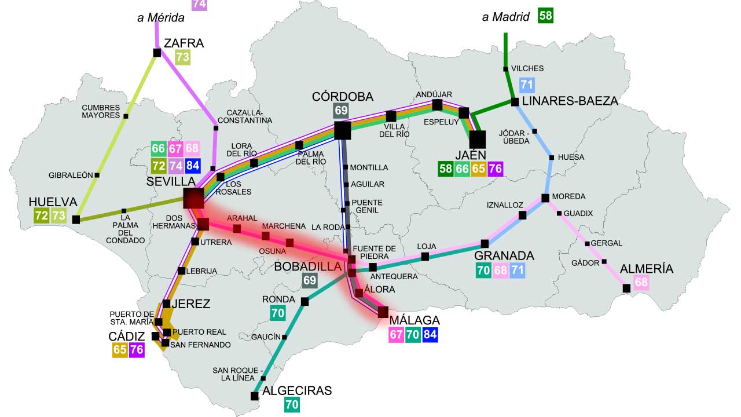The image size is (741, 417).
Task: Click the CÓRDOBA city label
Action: (342, 96)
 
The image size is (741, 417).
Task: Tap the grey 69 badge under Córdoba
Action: (341, 111)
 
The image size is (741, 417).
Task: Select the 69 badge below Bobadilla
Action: (310, 281)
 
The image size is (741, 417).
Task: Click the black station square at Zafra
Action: (157, 53)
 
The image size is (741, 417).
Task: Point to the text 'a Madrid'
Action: (505, 17)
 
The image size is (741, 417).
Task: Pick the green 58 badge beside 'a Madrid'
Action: (545, 16)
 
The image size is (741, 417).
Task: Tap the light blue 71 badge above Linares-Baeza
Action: (526, 85)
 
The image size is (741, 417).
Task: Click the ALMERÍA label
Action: (647, 269)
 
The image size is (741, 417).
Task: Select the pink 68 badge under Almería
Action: (641, 283)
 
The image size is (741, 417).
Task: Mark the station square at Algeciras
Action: (254, 396)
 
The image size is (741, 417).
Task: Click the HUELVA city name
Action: (53, 202)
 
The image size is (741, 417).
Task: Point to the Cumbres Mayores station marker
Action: (126, 116)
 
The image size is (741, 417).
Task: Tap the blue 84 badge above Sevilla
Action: (193, 166)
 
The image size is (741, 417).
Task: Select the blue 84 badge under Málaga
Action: (430, 334)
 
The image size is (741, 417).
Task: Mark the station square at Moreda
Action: (545, 198)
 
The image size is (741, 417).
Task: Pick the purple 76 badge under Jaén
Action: (495, 169)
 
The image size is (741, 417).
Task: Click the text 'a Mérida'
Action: (161, 18)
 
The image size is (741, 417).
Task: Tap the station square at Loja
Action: (425, 257)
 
